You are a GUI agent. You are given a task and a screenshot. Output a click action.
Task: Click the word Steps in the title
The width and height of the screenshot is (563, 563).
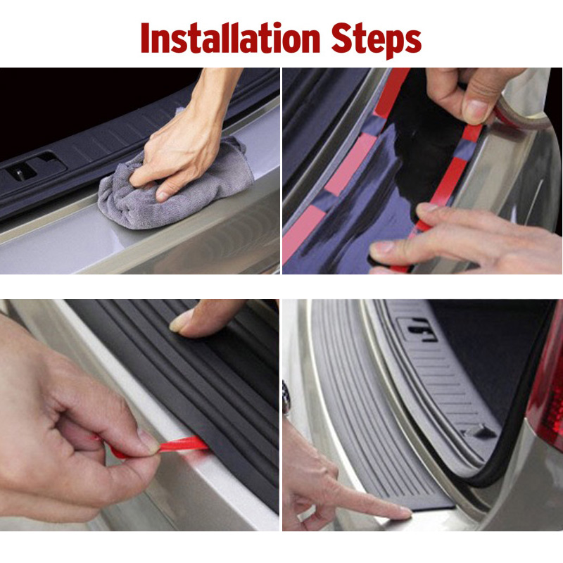coord(381,40)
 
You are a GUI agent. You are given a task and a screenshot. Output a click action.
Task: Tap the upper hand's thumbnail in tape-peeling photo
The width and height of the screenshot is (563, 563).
coord(477,111)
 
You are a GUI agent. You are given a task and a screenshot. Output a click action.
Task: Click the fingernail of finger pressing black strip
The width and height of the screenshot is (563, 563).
coord(182,322)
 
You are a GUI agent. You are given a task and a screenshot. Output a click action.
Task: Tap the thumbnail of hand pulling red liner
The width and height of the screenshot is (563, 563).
coord(147,441)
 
